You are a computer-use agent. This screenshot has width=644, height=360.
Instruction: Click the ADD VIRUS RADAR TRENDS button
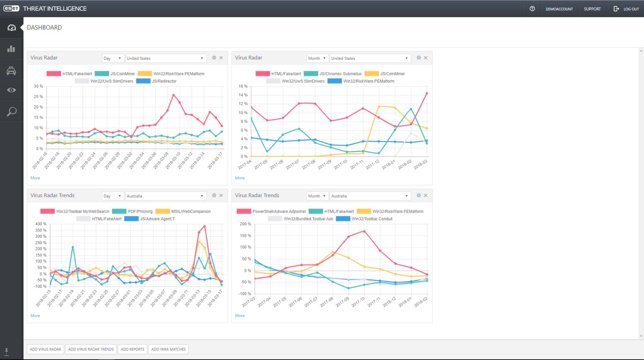tap(91, 349)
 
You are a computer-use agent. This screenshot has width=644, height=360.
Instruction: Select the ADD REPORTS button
tap(133, 349)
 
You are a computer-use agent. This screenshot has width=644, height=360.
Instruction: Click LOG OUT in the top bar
tap(627, 9)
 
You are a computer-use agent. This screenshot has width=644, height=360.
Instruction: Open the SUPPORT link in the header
tap(592, 9)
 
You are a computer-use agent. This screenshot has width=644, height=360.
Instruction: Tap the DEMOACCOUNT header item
tap(559, 9)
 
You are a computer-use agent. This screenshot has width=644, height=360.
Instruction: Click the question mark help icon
tap(532, 9)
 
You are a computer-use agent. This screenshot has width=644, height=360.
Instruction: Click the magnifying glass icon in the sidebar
tap(12, 111)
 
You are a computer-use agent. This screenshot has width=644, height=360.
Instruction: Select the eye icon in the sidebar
tap(12, 90)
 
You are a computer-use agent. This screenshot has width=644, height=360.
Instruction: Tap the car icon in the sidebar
tap(12, 71)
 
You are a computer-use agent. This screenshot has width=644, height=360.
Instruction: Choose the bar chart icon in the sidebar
tap(12, 49)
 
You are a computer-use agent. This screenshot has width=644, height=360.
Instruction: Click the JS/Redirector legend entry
tap(164, 81)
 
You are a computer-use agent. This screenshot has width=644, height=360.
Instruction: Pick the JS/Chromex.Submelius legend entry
tap(340, 74)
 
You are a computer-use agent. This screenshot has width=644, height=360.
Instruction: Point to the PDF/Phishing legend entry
tap(140, 211)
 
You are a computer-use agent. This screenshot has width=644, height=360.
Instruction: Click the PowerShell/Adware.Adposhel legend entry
tap(279, 211)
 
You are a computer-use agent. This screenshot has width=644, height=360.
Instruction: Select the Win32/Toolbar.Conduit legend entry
tap(371, 219)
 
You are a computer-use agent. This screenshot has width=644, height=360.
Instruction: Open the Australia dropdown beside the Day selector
tap(165, 196)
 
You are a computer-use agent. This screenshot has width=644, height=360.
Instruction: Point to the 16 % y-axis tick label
tap(243, 86)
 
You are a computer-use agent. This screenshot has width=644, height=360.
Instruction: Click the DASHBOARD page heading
tap(44, 27)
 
